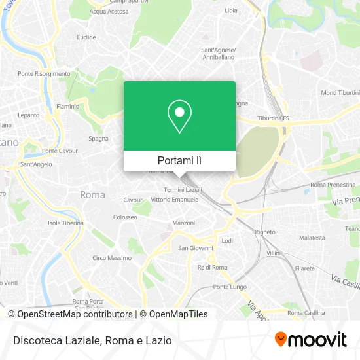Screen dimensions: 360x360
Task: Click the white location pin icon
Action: (x=179, y=117)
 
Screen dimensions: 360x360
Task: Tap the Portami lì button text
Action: (x=179, y=160)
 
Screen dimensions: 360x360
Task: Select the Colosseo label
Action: (x=125, y=217)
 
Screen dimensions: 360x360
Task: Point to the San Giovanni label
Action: (x=196, y=248)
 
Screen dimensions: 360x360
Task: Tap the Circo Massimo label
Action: (x=112, y=258)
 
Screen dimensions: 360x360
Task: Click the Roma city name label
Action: (x=92, y=194)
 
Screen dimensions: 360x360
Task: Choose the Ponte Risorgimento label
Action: (x=44, y=74)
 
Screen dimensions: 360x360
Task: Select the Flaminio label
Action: (x=68, y=106)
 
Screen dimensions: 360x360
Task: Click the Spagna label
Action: (x=99, y=139)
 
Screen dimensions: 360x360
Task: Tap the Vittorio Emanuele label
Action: (x=174, y=199)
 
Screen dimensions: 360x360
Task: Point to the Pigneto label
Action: (x=265, y=232)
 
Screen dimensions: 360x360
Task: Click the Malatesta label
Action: (x=312, y=238)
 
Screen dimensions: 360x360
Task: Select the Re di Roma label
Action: (x=212, y=268)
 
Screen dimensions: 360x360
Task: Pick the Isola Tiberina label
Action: (x=65, y=223)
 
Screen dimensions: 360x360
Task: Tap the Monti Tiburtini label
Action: (x=340, y=92)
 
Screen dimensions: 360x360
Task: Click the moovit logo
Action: (x=311, y=339)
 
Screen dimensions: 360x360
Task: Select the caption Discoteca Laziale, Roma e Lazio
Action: (x=91, y=340)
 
